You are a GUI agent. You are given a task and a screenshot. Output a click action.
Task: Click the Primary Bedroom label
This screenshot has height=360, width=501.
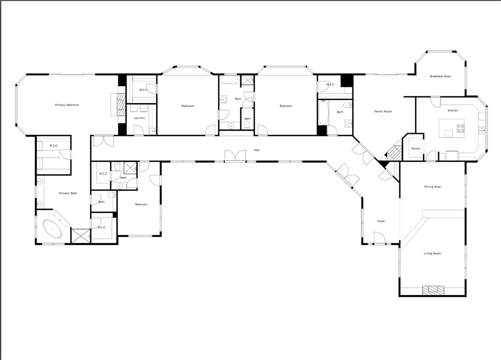click(x=67, y=105)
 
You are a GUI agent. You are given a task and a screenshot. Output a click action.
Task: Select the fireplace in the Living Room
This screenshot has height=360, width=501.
click(x=432, y=290)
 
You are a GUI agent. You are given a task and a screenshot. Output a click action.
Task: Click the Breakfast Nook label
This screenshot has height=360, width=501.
click(x=440, y=76)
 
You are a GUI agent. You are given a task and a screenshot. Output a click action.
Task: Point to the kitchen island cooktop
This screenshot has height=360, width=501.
click(x=460, y=128)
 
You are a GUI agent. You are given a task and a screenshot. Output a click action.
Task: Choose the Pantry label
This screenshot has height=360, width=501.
click(x=416, y=149)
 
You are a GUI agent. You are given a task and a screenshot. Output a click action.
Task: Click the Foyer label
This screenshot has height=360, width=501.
click(x=381, y=221)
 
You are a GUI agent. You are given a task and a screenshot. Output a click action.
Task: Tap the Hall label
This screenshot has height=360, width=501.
click(x=257, y=151)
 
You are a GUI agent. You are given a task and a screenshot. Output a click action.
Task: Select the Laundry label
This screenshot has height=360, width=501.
click(x=139, y=118)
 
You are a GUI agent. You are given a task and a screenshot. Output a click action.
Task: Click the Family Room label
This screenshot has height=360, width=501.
click(x=383, y=111)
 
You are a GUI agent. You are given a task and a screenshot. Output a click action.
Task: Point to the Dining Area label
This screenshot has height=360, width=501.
click(x=432, y=186)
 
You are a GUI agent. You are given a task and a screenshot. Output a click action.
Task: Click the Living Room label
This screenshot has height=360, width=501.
click(x=432, y=253)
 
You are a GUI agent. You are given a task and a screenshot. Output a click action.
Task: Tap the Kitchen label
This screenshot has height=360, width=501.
click(x=453, y=110)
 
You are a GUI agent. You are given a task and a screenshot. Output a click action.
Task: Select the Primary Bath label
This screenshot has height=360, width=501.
click(x=68, y=193)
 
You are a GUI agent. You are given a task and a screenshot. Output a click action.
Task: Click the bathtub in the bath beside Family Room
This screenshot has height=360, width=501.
click(x=323, y=112)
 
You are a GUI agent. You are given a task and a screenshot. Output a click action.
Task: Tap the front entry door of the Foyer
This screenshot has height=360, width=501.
click(x=379, y=238)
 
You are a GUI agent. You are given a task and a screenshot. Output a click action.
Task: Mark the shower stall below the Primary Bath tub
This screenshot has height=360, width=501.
click(x=80, y=236)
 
